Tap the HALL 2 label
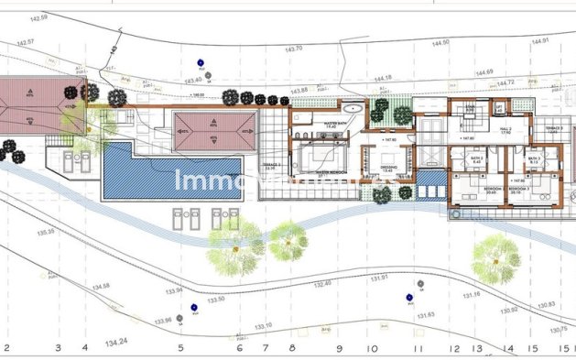(x=504, y=130)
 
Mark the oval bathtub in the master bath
(x=354, y=108)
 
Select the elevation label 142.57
(x=25, y=42)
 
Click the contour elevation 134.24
(x=116, y=343)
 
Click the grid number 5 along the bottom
(x=180, y=348)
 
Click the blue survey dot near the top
(x=200, y=63)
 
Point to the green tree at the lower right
(x=497, y=257)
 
